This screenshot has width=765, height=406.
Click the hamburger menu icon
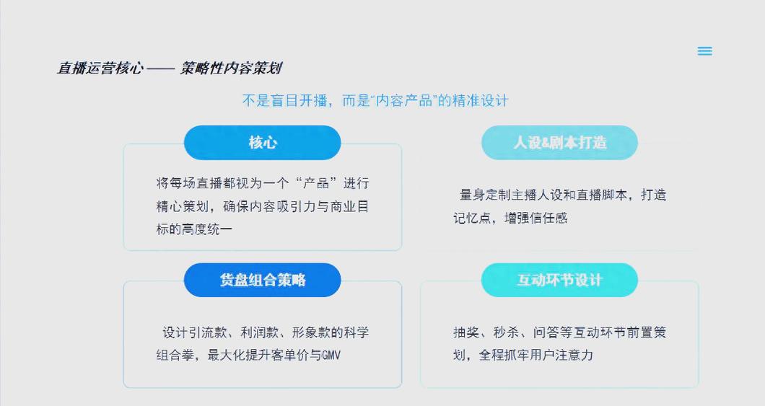705,51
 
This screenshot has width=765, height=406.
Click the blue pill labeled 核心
263,142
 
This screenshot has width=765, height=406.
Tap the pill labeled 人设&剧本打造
559,142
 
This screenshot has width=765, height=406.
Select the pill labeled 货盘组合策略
263,280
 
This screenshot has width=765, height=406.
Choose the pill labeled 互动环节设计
559,280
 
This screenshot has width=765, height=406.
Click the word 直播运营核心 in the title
100,69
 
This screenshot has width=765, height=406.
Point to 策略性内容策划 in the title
231,69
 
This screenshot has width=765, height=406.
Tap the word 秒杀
506,332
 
